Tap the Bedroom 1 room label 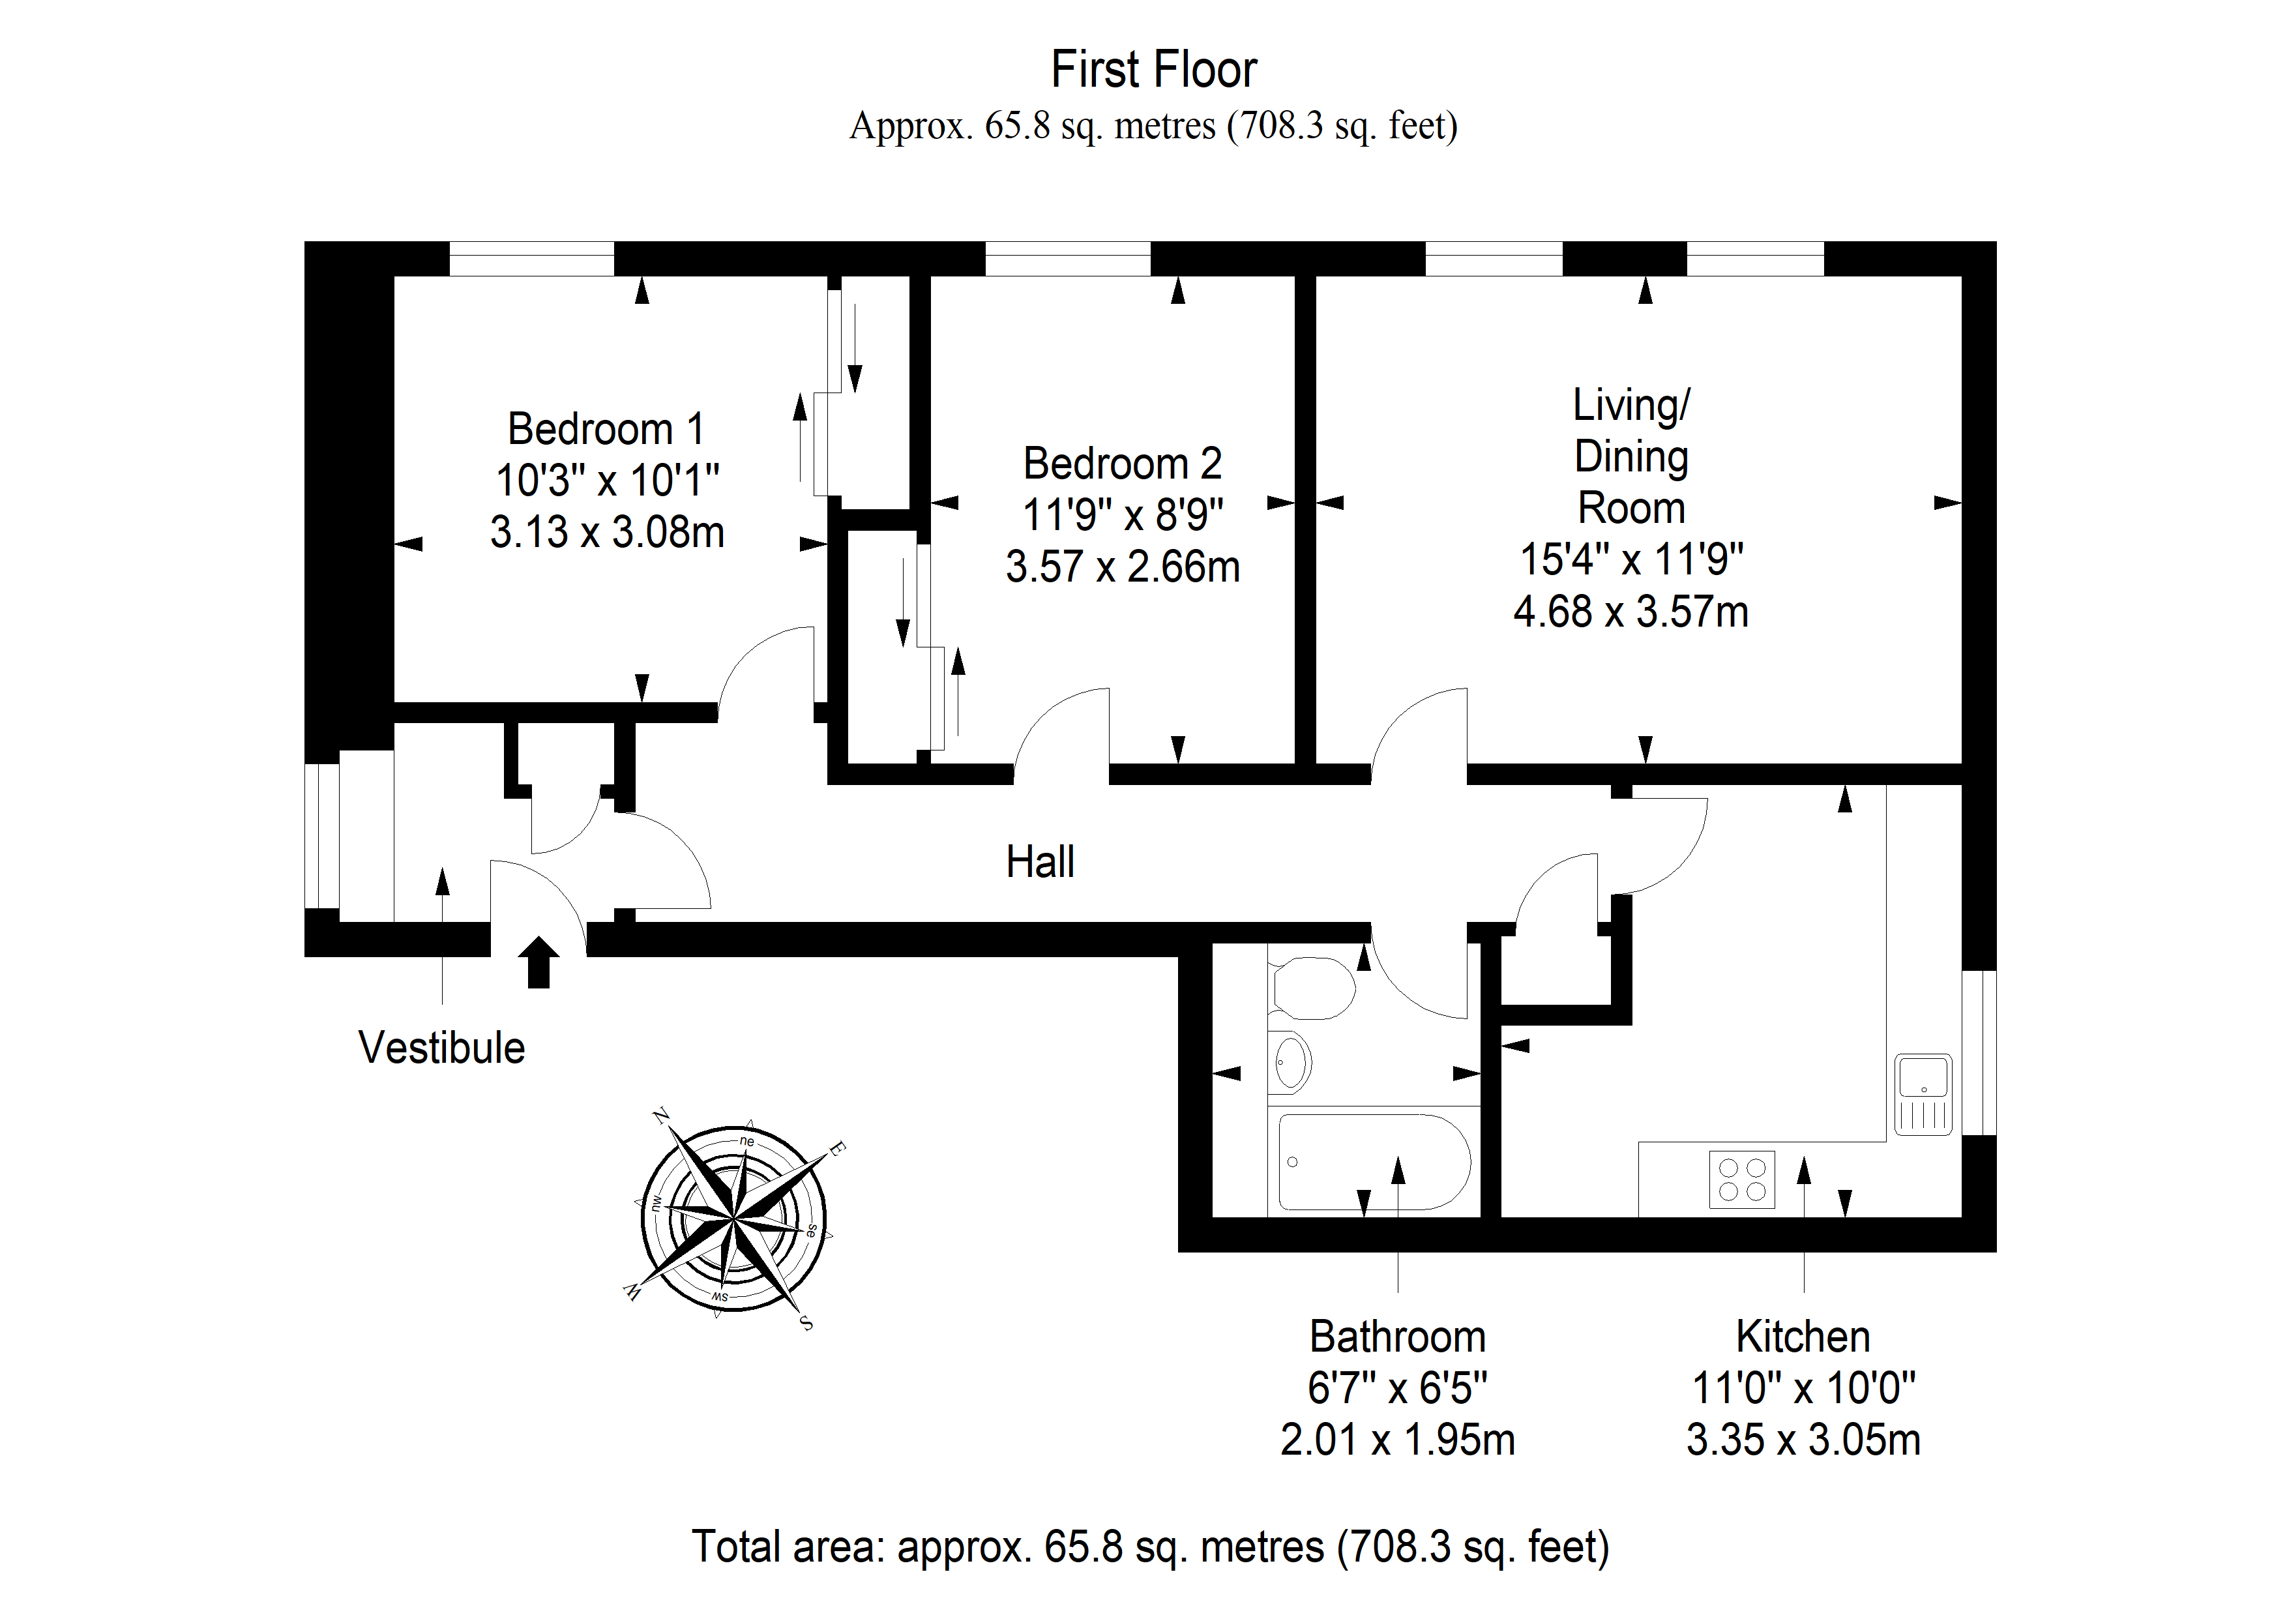606,430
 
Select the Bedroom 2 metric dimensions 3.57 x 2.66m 1123,567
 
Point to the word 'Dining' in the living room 1630,457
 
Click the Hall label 1040,862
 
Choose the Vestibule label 441,1048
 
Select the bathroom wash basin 1290,1063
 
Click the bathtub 1374,1162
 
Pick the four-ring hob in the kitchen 1742,1179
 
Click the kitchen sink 1923,1095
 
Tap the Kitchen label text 1803,1337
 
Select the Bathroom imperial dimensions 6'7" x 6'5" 1398,1388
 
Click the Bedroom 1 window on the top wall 532,259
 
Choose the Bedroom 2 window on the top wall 1068,259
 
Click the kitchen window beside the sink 1979,1052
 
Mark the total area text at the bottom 1151,1547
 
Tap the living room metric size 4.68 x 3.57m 1630,612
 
